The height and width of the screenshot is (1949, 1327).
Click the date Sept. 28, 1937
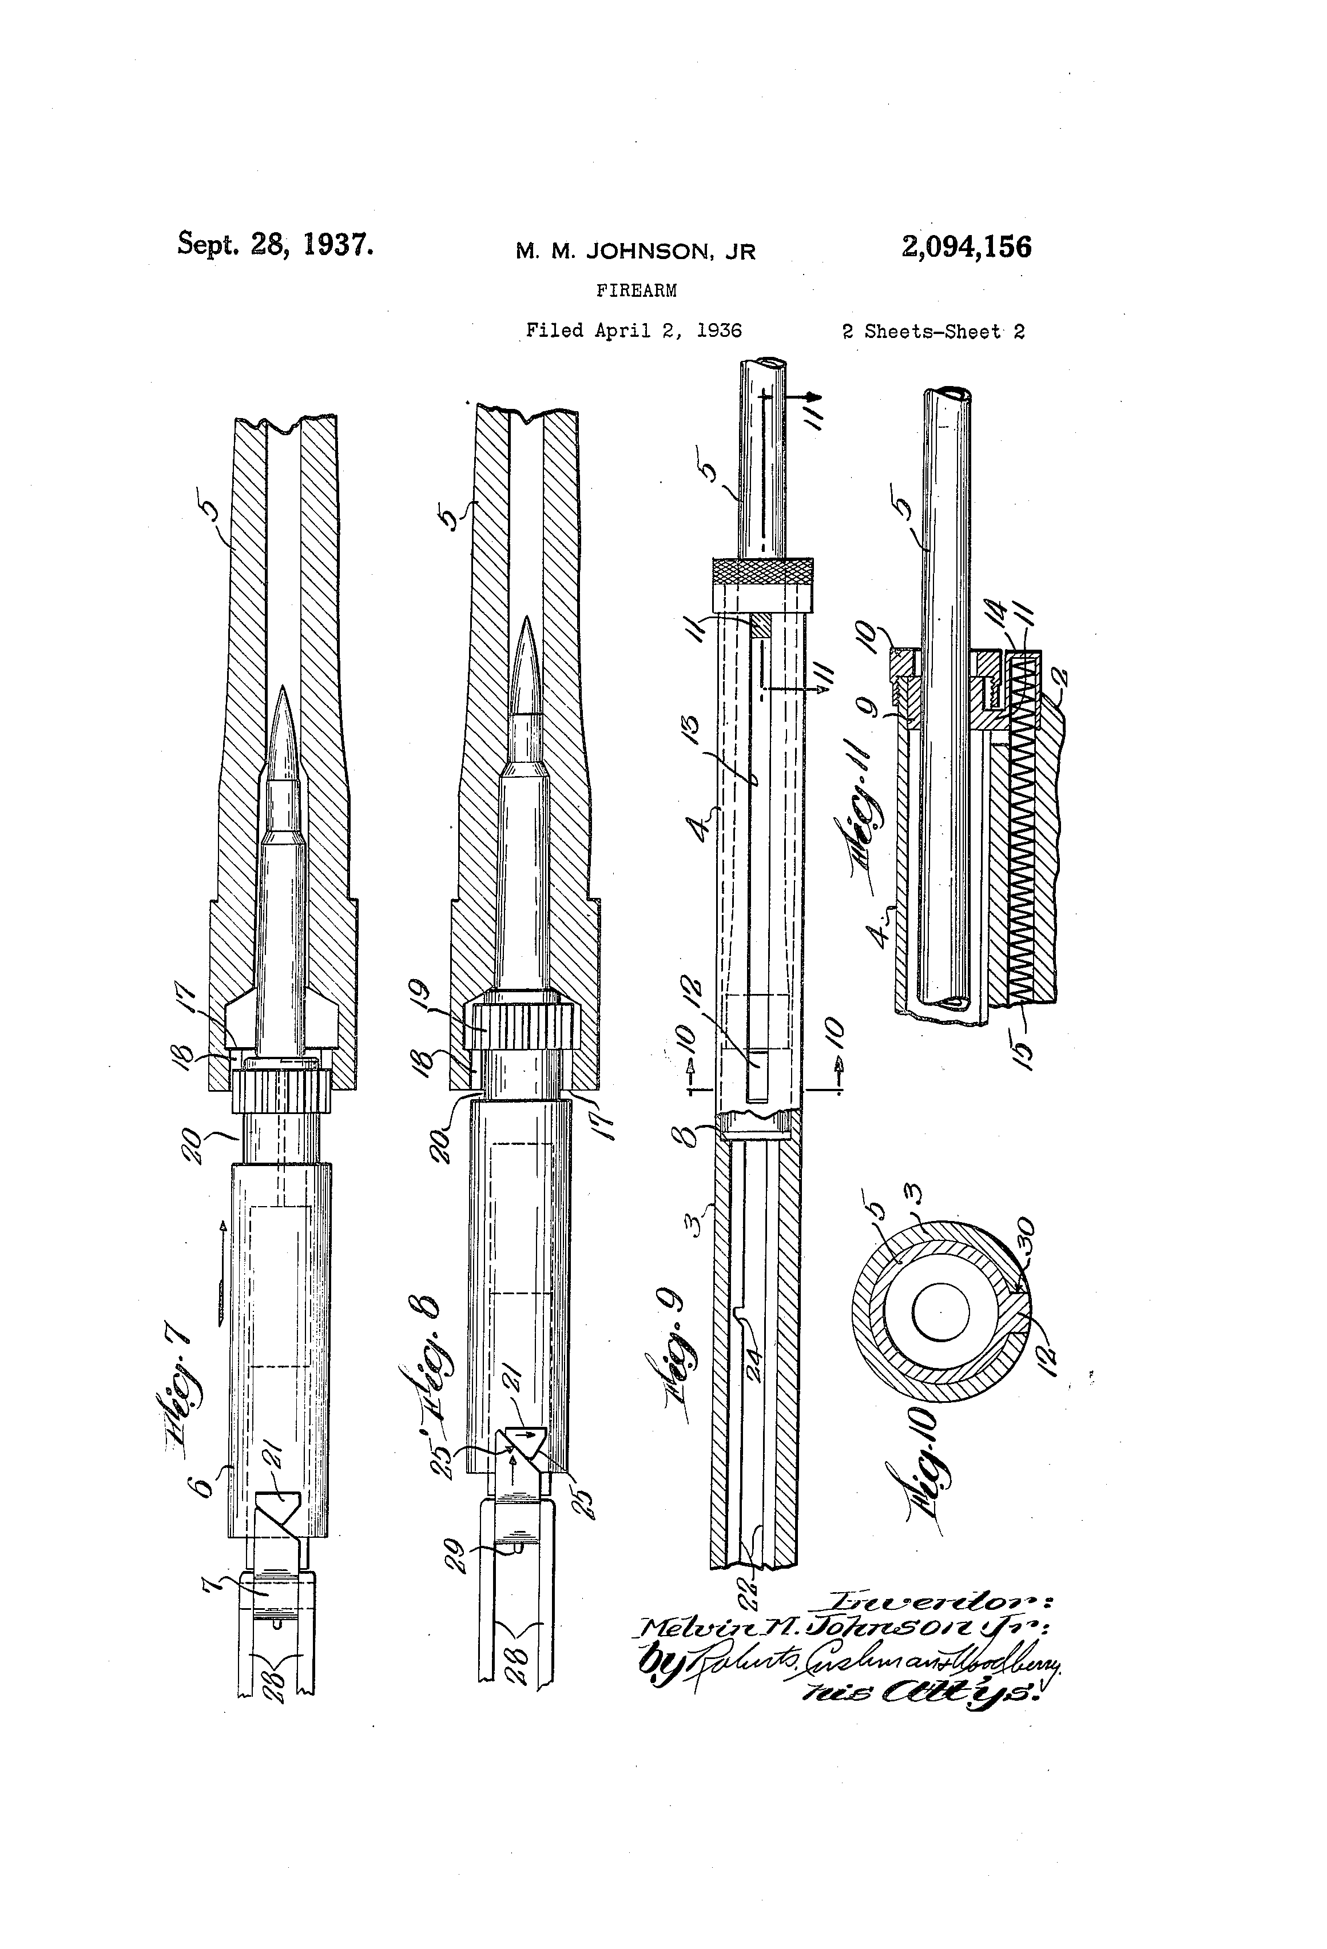pos(275,244)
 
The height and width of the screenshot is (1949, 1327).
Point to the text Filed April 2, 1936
pos(633,331)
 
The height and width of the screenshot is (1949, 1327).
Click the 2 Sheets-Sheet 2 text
pos(933,331)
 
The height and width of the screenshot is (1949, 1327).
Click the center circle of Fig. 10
pos(940,1312)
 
